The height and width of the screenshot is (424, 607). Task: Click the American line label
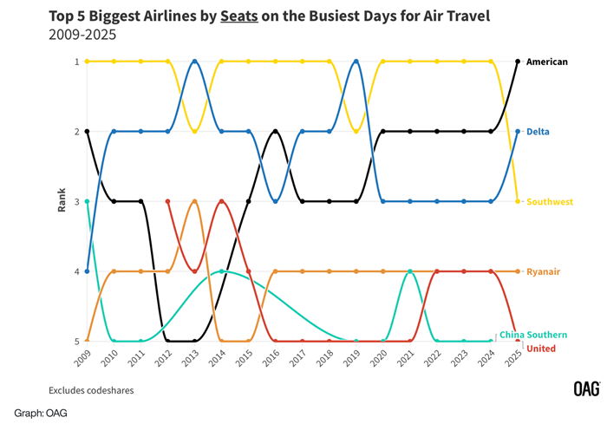coord(546,62)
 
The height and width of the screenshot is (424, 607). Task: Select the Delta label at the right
coord(537,132)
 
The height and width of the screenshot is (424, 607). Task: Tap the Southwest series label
coord(549,202)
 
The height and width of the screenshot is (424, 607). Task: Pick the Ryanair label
coord(543,272)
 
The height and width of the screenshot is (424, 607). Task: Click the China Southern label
coord(533,335)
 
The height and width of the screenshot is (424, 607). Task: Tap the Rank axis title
coord(62,201)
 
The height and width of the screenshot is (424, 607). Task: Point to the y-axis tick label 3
coord(76,202)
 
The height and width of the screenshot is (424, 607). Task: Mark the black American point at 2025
coord(518,62)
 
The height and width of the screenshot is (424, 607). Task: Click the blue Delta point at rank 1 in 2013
coord(195,62)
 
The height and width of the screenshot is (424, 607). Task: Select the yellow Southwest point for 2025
coord(518,201)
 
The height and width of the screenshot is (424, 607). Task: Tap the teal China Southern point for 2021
coord(410,271)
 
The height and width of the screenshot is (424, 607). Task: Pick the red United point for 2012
coord(167,201)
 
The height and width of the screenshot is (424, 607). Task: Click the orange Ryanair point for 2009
coord(87,342)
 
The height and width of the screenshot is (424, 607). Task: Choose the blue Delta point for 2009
coord(87,271)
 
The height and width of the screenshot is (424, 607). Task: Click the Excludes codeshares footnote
coord(91,391)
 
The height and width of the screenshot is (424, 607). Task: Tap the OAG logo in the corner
coord(586,389)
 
